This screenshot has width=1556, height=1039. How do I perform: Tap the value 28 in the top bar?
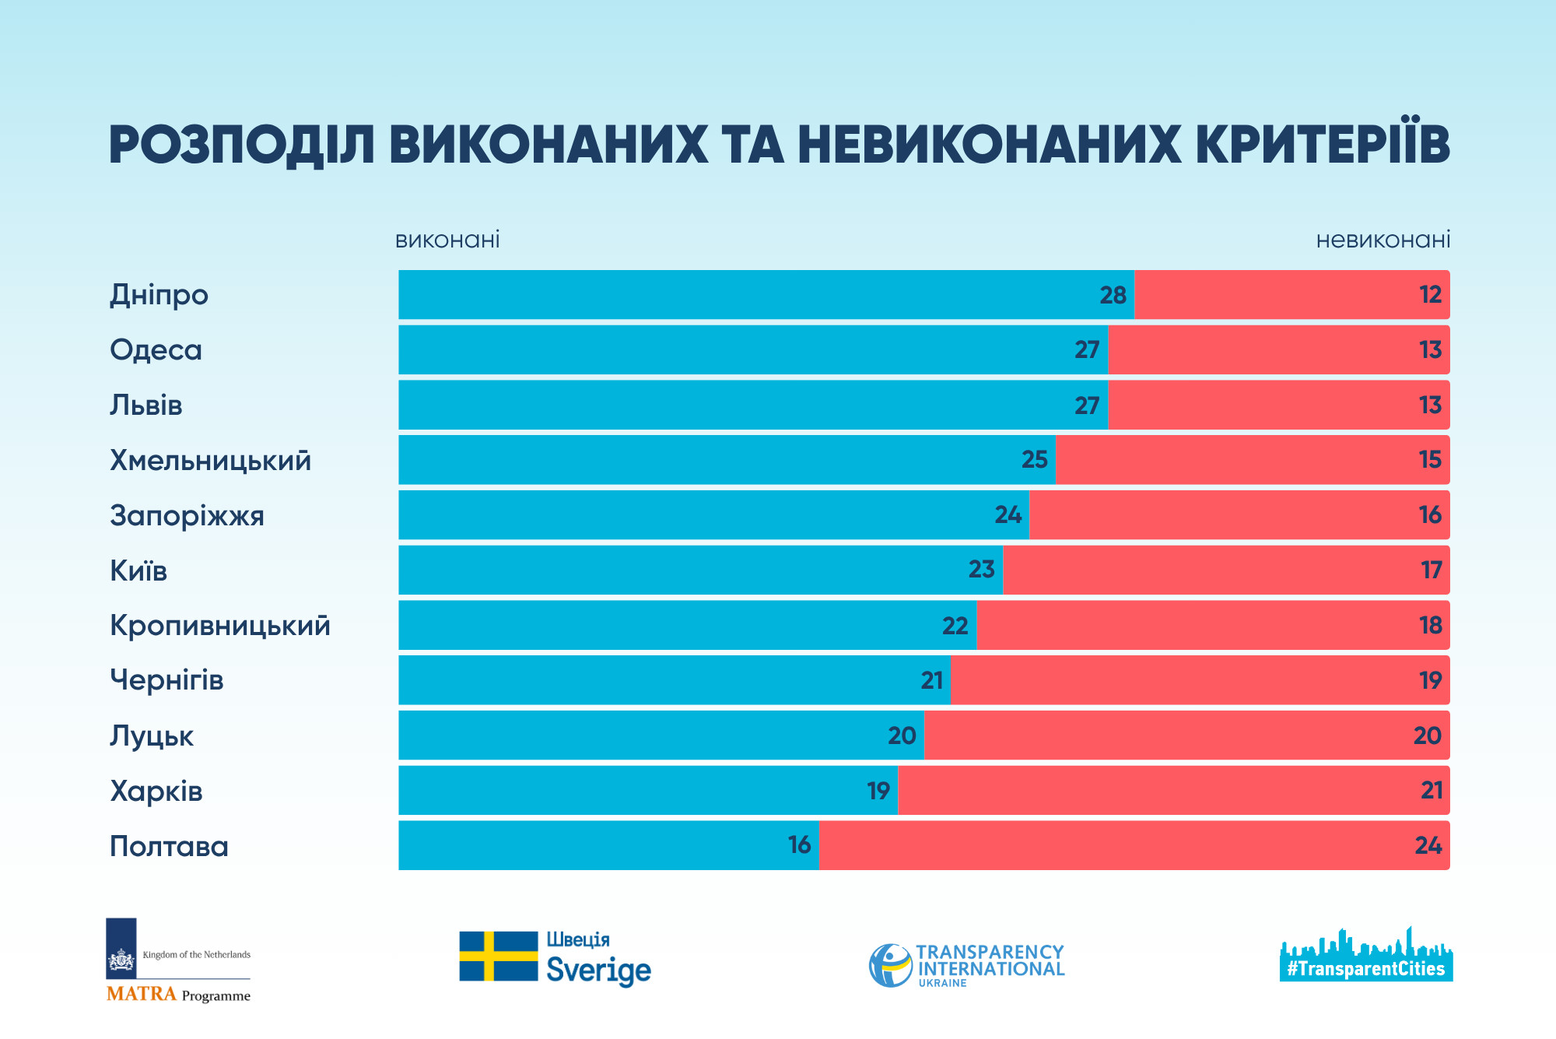click(1113, 295)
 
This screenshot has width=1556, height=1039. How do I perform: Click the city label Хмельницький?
click(210, 461)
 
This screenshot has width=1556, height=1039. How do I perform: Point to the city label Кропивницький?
click(220, 626)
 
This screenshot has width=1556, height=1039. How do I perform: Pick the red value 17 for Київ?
click(1431, 570)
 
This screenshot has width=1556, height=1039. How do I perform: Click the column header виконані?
click(447, 240)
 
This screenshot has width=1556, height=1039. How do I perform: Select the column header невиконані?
click(1383, 240)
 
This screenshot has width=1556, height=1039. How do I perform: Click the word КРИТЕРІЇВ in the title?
click(1323, 145)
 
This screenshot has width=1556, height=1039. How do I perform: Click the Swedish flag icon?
click(498, 956)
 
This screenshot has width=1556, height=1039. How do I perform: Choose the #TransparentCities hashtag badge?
click(1365, 969)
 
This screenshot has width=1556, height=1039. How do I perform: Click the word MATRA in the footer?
click(142, 994)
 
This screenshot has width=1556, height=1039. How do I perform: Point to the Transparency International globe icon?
click(890, 966)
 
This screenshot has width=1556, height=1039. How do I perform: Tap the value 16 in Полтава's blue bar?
click(799, 845)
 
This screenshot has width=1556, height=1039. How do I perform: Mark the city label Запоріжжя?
click(187, 516)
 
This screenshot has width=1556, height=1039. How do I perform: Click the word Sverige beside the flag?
click(598, 971)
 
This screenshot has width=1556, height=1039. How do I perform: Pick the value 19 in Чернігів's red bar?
click(1430, 681)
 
